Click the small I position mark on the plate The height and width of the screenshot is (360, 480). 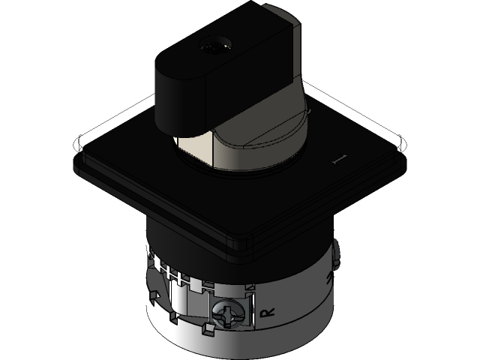pos(338,158)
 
